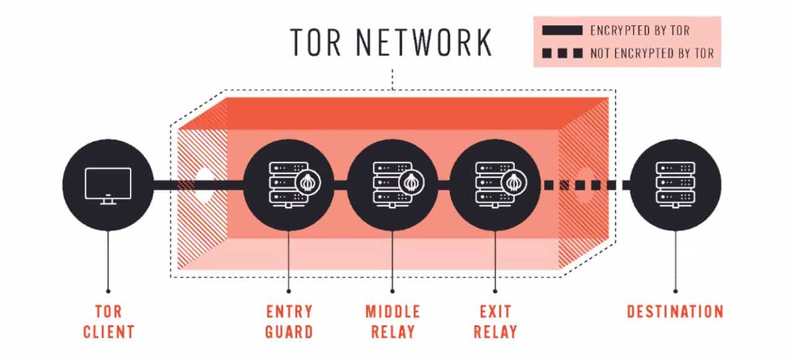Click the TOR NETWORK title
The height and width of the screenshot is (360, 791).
point(391,42)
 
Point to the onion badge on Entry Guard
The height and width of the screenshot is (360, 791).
point(307,182)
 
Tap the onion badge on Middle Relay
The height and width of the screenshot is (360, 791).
point(410,182)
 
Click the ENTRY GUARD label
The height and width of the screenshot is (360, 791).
point(289,321)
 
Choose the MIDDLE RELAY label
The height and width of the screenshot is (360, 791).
point(392,321)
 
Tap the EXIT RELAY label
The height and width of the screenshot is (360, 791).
point(495,321)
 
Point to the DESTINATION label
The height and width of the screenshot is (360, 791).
point(675,311)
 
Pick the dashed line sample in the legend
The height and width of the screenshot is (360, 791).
point(562,53)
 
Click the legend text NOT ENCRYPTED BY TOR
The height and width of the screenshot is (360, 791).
point(652,53)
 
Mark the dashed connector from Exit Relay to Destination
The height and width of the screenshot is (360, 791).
point(585,185)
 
